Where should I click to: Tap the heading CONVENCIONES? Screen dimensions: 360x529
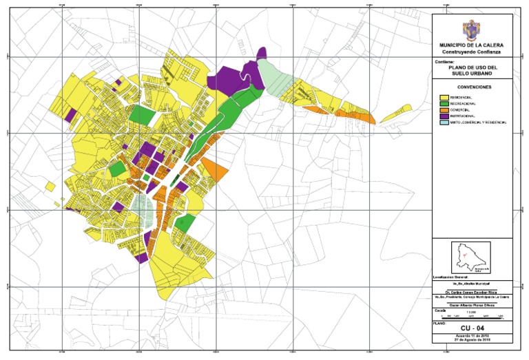473,88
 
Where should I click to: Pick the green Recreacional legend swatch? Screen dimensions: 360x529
444,105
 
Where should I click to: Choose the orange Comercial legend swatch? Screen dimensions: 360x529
444,110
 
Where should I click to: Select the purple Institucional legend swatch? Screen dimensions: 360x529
444,116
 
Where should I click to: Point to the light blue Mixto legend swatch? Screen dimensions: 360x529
444,123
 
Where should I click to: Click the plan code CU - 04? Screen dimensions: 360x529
473,328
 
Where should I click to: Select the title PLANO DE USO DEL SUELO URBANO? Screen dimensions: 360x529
473,71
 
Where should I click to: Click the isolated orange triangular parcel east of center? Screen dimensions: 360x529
213,169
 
